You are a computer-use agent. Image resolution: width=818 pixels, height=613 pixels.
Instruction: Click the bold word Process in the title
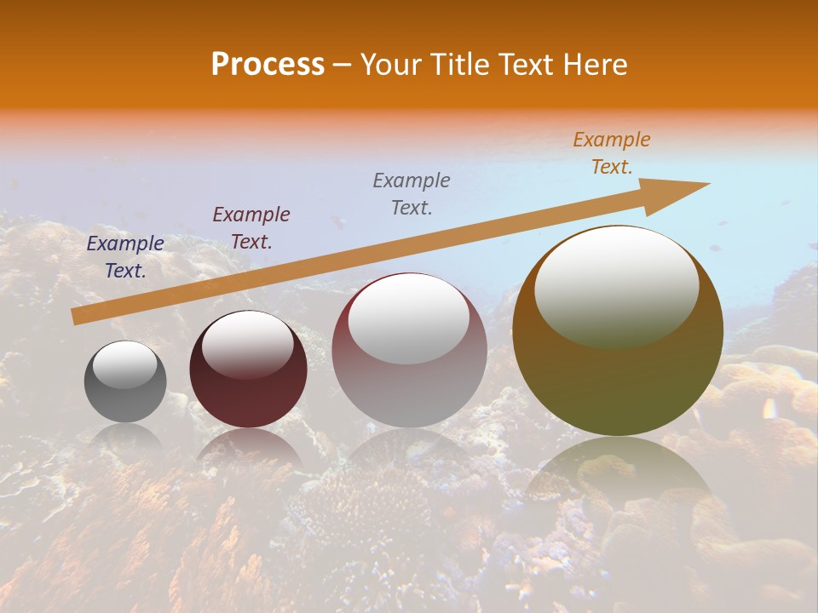[x=268, y=65]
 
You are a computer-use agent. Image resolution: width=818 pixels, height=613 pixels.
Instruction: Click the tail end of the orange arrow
[x=74, y=317]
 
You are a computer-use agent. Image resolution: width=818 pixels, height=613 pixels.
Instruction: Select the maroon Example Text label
[x=251, y=228]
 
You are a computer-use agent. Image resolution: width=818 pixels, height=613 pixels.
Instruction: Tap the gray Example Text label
[x=412, y=193]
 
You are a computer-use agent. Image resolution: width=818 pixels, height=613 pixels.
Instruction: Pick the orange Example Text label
[x=612, y=153]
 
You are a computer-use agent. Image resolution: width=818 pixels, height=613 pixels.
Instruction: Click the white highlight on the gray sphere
[x=124, y=364]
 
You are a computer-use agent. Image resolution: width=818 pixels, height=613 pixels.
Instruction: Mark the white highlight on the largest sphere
[x=616, y=285]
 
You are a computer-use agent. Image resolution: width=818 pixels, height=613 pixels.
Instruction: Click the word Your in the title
[x=392, y=65]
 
